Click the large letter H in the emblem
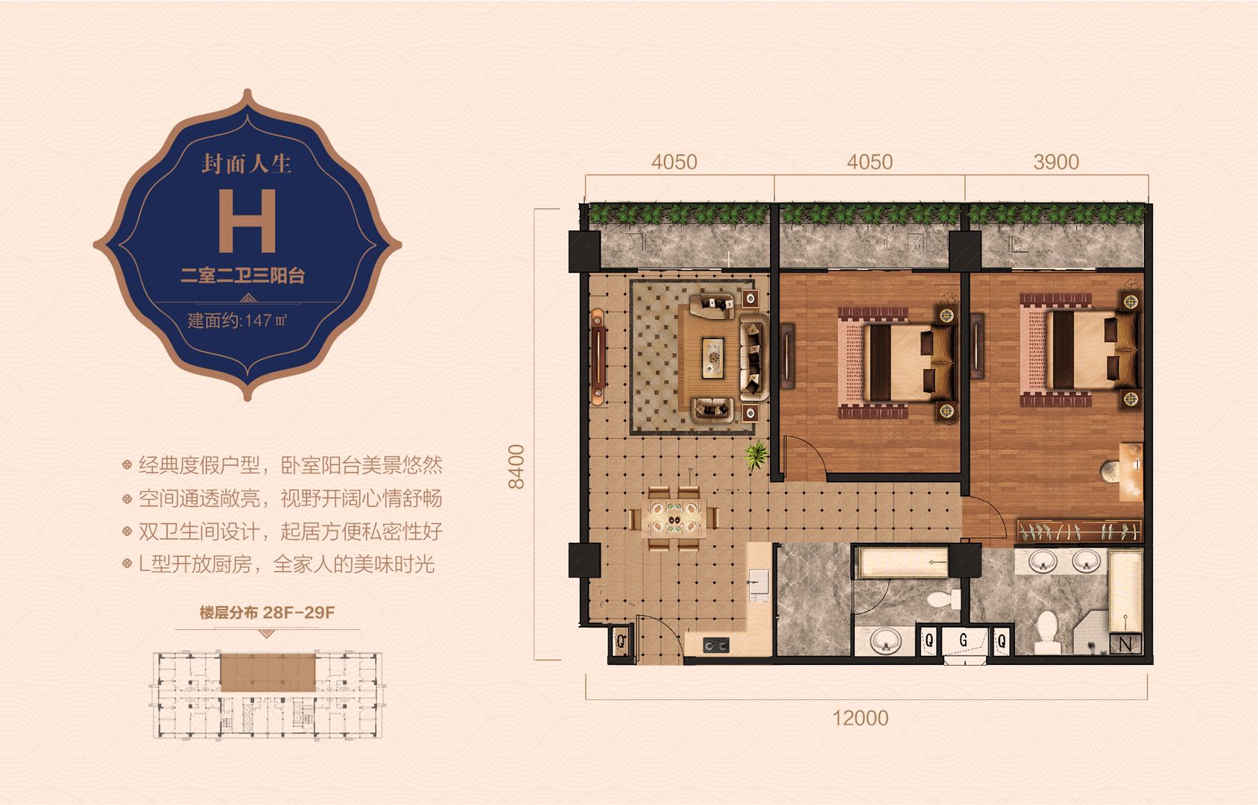click(247, 220)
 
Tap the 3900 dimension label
click(1056, 162)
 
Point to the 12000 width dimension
click(860, 718)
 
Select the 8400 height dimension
click(516, 467)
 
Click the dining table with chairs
click(674, 517)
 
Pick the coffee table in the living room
click(713, 357)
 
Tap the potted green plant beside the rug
click(756, 455)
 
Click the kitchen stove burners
click(716, 645)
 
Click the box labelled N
click(1125, 644)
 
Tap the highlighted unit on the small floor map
click(268, 672)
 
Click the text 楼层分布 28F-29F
click(268, 612)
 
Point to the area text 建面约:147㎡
click(238, 321)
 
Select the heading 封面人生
click(247, 163)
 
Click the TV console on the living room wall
click(598, 357)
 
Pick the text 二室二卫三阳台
click(243, 276)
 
